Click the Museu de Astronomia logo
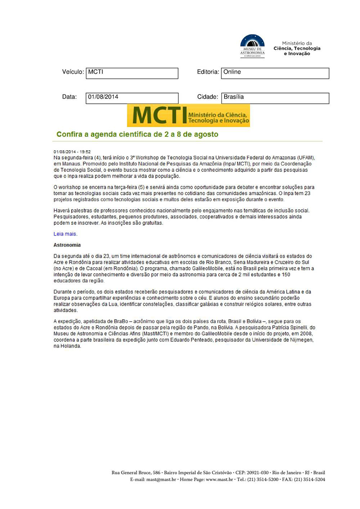pos(252,45)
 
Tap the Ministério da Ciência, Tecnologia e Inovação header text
pos(297,48)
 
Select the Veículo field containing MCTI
pos(132,73)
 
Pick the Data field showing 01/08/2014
pos(132,98)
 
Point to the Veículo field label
pos(73,72)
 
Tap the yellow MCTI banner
pos(188,116)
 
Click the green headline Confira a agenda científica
pos(137,134)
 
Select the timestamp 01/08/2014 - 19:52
pos(72,152)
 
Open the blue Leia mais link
pos(65,234)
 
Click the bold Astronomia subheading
pos(67,245)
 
